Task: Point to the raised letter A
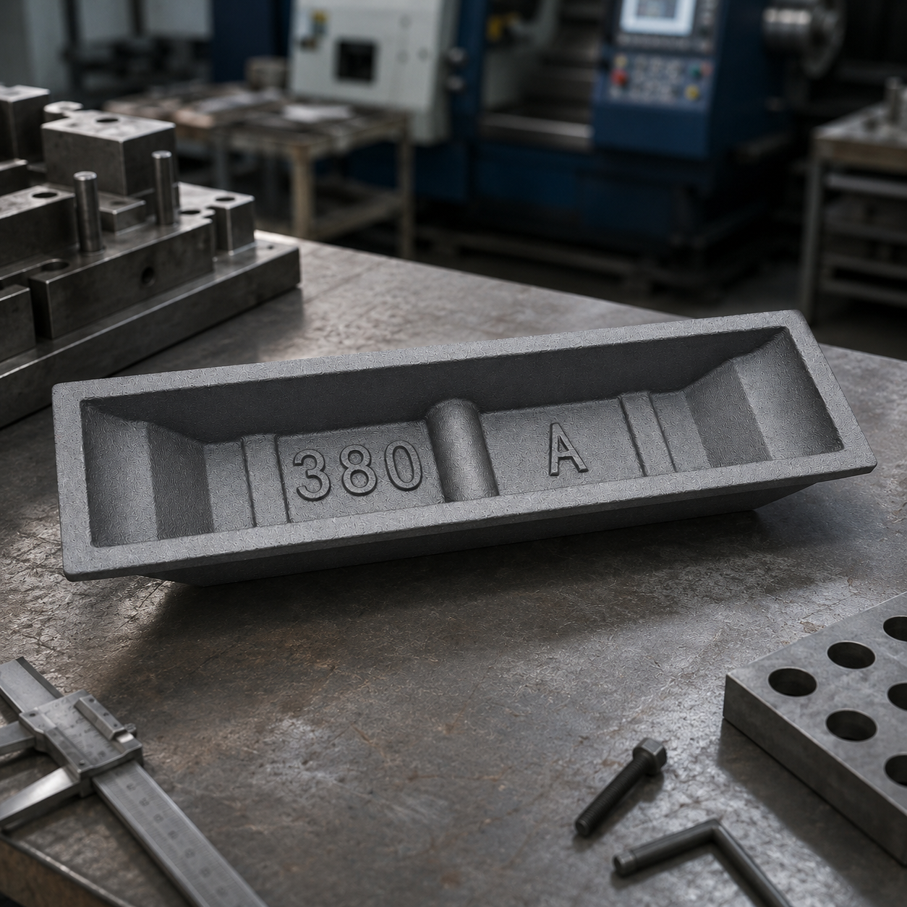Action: click(568, 448)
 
